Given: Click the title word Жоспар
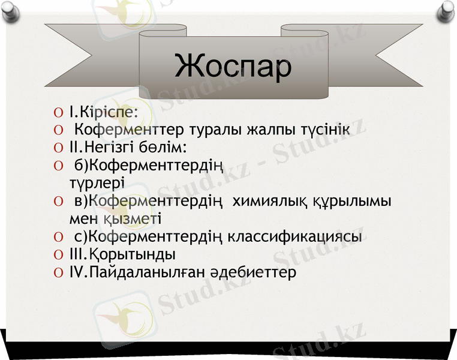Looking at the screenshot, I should (233, 66).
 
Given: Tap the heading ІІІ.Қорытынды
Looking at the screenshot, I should (122, 254).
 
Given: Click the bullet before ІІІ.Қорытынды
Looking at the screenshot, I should (58, 254).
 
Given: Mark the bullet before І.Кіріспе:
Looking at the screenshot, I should (58, 112).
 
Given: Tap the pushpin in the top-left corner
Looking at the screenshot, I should (10, 9).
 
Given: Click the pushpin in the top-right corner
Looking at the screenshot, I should (447, 9).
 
